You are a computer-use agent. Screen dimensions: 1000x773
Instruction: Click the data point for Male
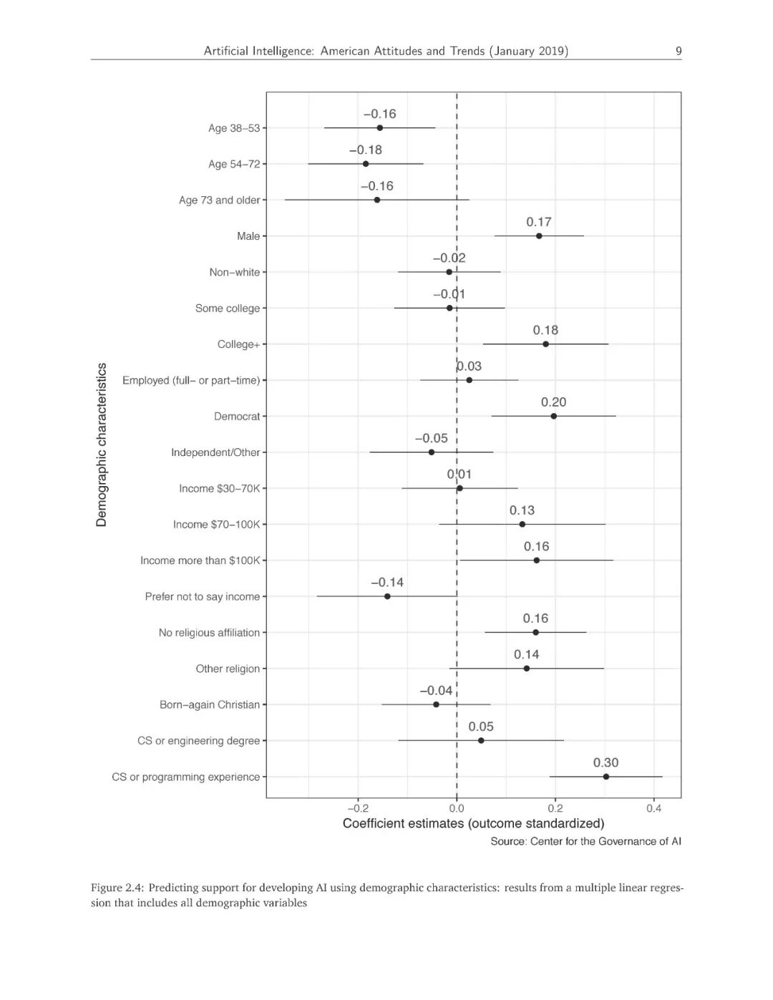(539, 236)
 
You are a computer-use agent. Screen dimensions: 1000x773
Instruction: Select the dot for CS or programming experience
(606, 777)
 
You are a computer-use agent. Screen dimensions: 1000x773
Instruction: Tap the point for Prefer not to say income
(387, 596)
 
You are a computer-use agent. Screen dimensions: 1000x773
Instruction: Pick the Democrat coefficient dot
(554, 416)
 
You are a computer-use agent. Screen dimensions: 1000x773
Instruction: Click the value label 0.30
(606, 762)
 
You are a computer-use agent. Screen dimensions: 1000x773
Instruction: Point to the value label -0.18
(366, 150)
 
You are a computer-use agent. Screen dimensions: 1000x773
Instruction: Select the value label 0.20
(554, 402)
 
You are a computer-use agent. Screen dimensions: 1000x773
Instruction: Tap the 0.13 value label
(522, 510)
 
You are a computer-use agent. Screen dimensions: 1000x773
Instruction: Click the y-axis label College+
(238, 344)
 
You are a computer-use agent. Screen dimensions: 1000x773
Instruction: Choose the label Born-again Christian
(210, 704)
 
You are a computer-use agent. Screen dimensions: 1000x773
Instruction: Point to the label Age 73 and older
(219, 200)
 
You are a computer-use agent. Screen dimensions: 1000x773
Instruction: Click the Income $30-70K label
(219, 488)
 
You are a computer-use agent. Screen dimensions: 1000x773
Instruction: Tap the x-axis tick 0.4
(653, 808)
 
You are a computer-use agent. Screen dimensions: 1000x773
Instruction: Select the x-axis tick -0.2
(358, 808)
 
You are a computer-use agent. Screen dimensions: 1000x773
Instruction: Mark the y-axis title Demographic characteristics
(102, 445)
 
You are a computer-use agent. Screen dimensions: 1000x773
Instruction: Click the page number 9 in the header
(679, 51)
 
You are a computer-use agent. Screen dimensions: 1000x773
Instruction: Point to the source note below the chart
(585, 841)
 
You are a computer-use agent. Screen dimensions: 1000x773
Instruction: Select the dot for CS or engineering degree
(481, 740)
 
